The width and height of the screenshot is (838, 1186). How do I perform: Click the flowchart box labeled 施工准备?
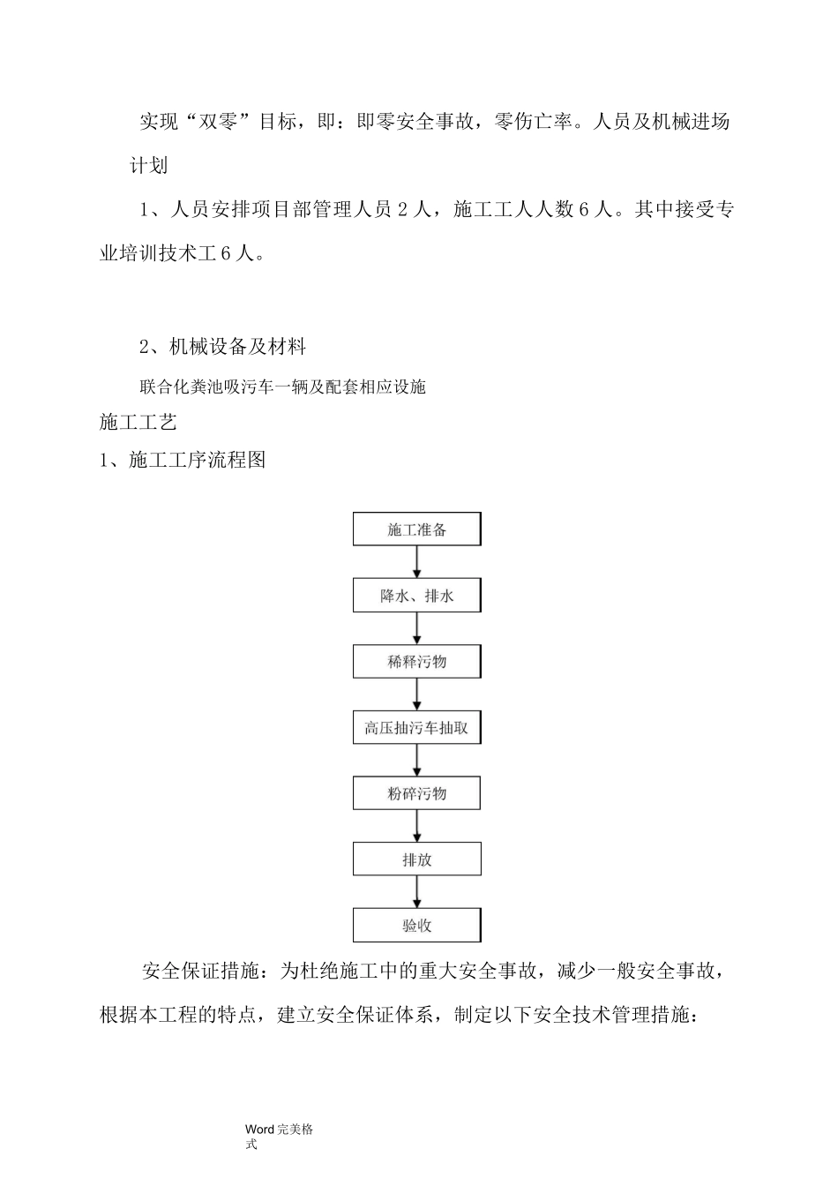[x=417, y=529]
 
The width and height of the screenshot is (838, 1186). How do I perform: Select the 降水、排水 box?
[x=417, y=596]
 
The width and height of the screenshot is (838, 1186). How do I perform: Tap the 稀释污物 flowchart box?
[x=417, y=662]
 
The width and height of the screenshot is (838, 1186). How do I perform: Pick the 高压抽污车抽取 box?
[x=417, y=728]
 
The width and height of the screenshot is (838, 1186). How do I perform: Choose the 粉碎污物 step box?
[x=417, y=793]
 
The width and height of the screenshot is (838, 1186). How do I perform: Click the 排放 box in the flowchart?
[x=417, y=859]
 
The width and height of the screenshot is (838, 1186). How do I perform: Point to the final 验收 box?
[x=417, y=926]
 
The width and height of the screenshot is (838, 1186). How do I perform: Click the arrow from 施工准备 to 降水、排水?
[x=417, y=562]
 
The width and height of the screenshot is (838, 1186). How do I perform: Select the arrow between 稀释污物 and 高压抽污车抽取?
[x=417, y=694]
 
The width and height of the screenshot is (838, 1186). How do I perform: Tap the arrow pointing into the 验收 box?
[x=417, y=892]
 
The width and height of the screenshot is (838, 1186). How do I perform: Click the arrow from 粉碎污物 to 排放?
[x=417, y=826]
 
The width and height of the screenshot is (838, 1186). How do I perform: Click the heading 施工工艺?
[x=138, y=423]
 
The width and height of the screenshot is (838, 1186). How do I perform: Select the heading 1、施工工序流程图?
[x=183, y=460]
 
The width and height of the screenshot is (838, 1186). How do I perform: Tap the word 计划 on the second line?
[x=149, y=166]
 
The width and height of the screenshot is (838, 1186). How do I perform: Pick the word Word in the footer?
[x=260, y=1129]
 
